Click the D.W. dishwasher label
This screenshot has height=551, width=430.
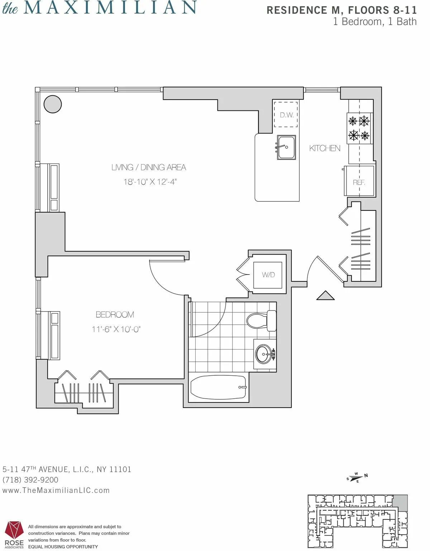[287, 115]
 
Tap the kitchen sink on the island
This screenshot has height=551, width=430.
[286, 147]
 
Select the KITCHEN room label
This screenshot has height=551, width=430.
[325, 148]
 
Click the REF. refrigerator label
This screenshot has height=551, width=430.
[359, 182]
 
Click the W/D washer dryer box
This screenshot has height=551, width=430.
[268, 275]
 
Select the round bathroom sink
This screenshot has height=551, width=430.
[264, 354]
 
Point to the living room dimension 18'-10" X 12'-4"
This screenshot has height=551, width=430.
[150, 182]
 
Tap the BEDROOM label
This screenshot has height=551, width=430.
[115, 314]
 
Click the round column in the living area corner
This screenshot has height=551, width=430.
[53, 104]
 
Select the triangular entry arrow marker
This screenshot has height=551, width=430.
[325, 295]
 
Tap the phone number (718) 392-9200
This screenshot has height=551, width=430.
[30, 480]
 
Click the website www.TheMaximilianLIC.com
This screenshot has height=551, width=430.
[56, 490]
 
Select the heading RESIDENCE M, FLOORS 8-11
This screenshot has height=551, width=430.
[341, 10]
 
